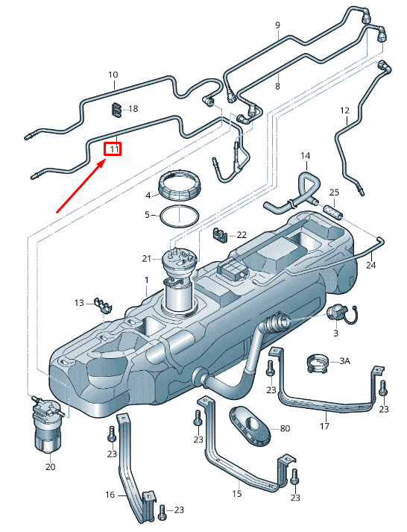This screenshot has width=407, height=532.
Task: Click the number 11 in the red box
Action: click(113, 149)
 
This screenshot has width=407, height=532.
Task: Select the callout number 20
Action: click(51, 467)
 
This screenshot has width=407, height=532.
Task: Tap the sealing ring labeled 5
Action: click(180, 216)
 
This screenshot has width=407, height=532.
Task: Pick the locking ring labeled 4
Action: click(181, 185)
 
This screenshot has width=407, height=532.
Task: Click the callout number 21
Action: click(147, 258)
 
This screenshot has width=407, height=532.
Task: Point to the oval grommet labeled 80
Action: click(251, 426)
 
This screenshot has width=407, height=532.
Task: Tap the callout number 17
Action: click(324, 427)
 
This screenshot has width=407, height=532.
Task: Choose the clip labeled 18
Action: click(116, 110)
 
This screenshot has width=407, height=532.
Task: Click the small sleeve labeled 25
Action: click(333, 210)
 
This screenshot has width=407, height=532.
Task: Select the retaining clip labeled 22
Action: click(219, 236)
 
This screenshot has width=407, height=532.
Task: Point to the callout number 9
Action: click(277, 25)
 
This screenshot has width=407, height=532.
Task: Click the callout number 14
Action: click(305, 155)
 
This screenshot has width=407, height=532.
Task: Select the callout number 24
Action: click(371, 266)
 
